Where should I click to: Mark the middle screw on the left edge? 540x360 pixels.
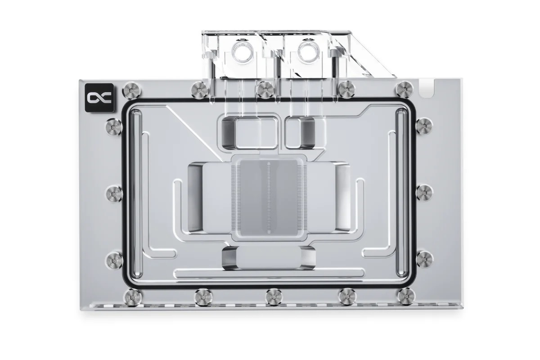[113, 193]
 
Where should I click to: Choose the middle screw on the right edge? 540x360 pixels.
[424, 193]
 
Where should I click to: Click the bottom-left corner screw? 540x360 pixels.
[132, 296]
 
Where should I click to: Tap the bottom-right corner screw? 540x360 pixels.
[406, 296]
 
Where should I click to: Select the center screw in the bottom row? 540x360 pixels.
[273, 296]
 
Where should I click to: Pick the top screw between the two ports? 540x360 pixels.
[265, 88]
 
